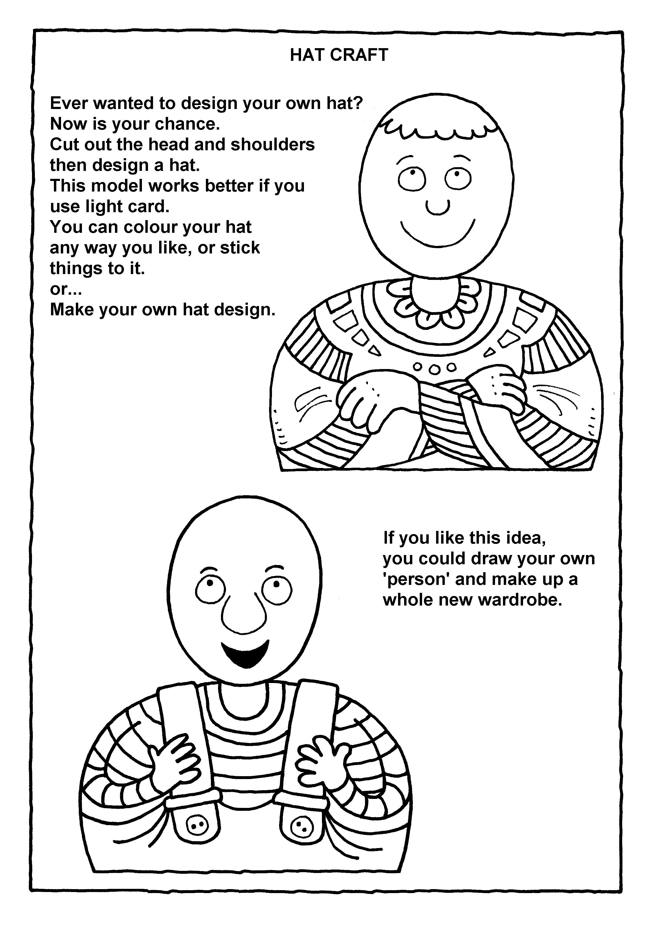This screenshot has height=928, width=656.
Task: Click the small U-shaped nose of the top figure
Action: point(437,207)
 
